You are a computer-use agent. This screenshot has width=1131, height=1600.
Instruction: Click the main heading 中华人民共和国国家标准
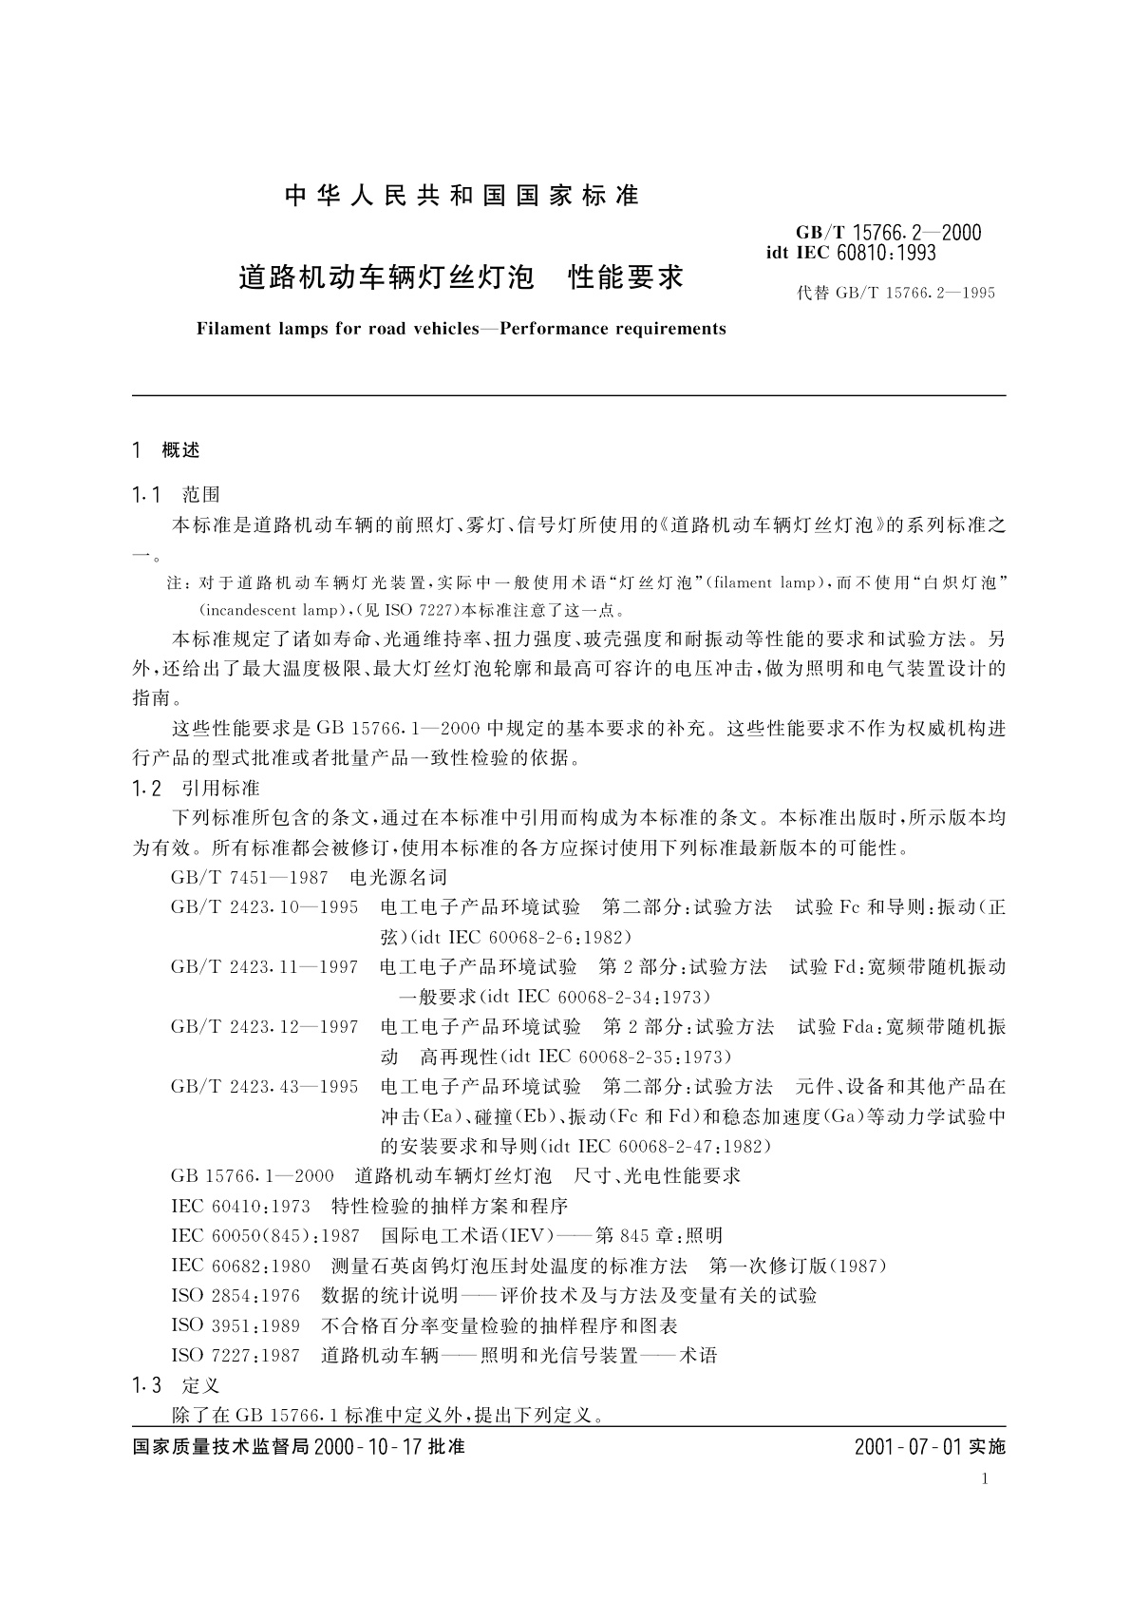[x=462, y=196]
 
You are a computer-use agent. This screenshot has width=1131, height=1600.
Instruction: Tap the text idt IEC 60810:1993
[x=851, y=253]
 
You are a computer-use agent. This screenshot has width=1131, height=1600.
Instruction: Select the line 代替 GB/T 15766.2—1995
[x=895, y=294]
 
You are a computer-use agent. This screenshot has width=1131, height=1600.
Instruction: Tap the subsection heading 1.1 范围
[x=177, y=494]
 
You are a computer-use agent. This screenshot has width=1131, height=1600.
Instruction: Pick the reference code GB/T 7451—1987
[x=250, y=878]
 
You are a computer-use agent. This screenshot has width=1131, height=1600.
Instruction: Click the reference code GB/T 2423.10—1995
[x=265, y=907]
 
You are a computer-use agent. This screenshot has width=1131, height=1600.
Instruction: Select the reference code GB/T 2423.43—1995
[x=265, y=1086]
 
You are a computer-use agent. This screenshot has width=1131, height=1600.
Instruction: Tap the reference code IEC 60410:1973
[x=240, y=1207]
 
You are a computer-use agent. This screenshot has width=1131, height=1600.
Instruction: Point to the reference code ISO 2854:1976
[x=236, y=1296]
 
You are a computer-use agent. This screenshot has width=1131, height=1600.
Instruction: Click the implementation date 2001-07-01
[x=908, y=1448]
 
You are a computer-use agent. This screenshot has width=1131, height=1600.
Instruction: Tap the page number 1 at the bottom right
[x=986, y=1479]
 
